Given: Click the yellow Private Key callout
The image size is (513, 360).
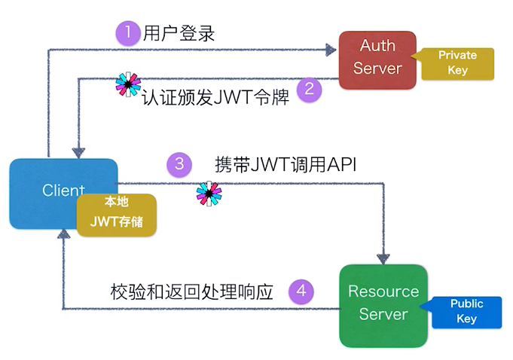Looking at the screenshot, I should pos(459,63).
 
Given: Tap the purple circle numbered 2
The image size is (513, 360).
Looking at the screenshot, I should pos(309,90).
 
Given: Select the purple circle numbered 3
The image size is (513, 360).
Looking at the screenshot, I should pos(179,163).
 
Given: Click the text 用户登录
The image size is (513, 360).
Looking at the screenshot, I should pos(181,33).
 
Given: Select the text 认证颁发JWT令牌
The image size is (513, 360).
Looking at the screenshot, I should pos(216,98).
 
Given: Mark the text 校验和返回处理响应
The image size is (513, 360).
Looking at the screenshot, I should pos(191,291).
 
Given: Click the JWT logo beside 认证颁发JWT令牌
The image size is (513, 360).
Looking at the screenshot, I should pos(128,85).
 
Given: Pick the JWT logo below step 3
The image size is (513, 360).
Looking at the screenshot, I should pos(209,194).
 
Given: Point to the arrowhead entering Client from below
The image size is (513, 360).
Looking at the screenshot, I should pos(64,234).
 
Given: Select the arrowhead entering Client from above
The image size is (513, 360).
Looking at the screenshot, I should pos(77,151).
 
